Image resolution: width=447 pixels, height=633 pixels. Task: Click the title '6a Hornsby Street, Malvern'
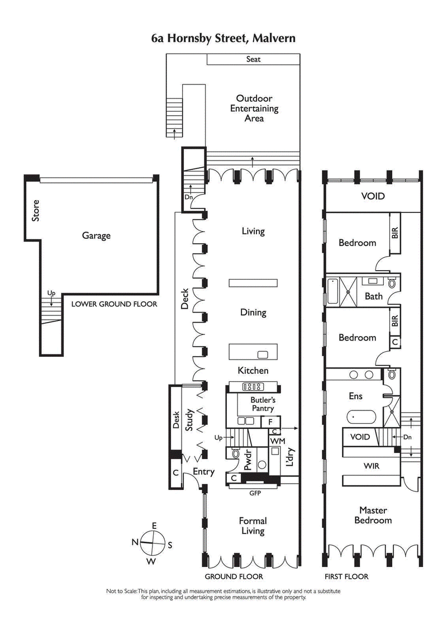223,39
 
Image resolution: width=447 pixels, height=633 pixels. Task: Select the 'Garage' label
96,236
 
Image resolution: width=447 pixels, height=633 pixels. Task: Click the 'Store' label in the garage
36,210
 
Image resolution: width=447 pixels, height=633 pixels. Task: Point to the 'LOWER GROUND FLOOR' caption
114,305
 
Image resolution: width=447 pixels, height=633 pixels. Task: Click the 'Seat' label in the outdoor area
253,59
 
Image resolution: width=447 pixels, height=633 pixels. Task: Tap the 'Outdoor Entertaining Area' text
254,108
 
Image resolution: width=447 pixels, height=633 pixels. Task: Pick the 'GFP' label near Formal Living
255,494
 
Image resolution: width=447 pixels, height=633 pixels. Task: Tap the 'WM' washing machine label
277,441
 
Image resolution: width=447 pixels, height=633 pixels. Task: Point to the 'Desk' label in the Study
177,421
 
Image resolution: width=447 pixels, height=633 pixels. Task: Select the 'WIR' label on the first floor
372,465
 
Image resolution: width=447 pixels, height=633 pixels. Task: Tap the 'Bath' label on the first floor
374,296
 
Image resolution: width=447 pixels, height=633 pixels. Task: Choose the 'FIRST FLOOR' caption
347,577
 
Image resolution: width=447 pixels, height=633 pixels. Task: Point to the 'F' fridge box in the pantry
271,422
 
